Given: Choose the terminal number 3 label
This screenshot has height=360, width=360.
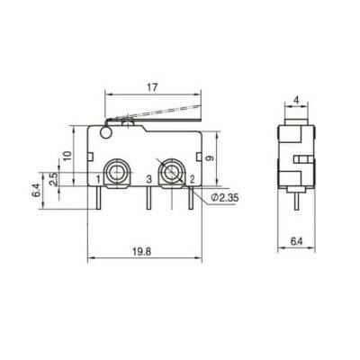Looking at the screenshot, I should (x=148, y=180).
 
